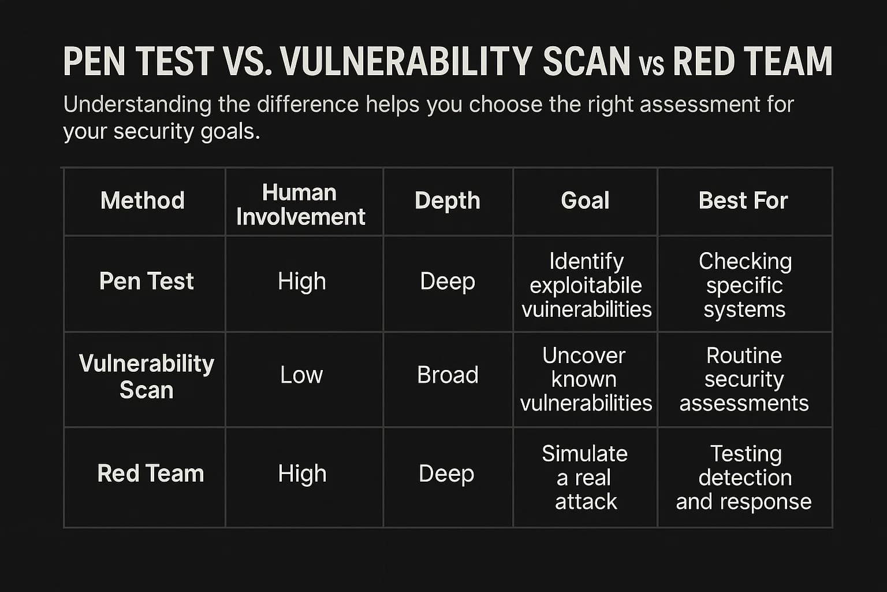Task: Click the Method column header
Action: click(x=143, y=201)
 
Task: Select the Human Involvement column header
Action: click(x=300, y=205)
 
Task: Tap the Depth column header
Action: click(x=448, y=201)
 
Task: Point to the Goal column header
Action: click(x=585, y=201)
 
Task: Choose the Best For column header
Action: click(x=743, y=201)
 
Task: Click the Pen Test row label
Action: click(x=146, y=282)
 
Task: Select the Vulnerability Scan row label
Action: click(x=146, y=377)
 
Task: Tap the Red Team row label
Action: click(x=150, y=473)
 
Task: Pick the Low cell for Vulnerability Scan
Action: click(x=301, y=375)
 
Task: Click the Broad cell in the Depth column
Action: click(x=448, y=375)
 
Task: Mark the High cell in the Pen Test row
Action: click(x=301, y=282)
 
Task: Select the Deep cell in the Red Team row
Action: click(x=446, y=473)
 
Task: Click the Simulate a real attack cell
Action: click(x=585, y=478)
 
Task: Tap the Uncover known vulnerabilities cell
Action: click(x=586, y=379)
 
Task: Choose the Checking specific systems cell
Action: click(x=744, y=285)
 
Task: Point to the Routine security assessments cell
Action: click(x=744, y=379)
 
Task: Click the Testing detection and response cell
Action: click(x=744, y=478)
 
